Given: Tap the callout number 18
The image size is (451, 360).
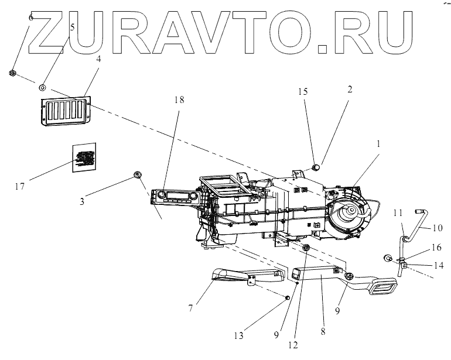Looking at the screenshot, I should pyautogui.click(x=179, y=100).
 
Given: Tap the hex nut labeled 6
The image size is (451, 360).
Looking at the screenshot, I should pyautogui.click(x=12, y=73).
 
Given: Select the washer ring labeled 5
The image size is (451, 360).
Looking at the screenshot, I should pyautogui.click(x=43, y=87).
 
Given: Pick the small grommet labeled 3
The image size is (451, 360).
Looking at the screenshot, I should pyautogui.click(x=138, y=174).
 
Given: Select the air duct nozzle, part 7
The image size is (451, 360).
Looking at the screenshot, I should pyautogui.click(x=240, y=279).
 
